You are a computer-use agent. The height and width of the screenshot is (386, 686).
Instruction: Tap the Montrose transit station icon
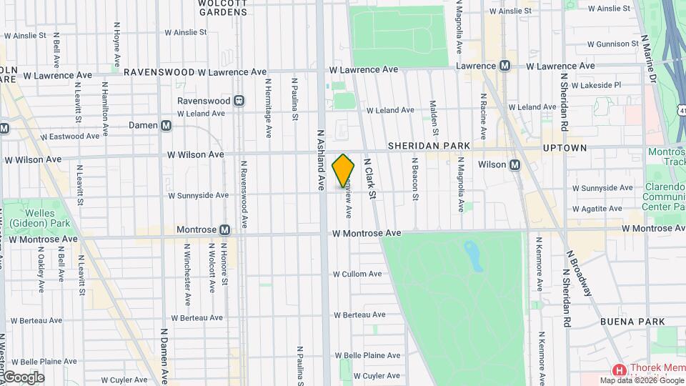click(x=224, y=230)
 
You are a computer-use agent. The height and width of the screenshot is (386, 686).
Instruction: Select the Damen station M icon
click(x=166, y=125)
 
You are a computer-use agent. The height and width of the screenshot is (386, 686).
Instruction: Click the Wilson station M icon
click(x=514, y=165)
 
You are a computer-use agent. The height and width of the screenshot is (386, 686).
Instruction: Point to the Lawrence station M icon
click(x=505, y=66)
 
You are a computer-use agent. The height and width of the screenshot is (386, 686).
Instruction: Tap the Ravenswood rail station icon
click(x=239, y=101)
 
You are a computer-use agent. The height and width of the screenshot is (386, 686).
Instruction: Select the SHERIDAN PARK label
click(x=429, y=146)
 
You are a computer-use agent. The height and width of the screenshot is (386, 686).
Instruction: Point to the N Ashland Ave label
click(x=321, y=159)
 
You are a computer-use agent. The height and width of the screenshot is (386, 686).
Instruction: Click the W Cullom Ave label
click(x=357, y=274)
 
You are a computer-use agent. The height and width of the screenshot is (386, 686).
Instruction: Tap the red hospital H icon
click(x=620, y=370)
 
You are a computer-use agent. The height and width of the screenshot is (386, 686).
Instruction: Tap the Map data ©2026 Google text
click(x=641, y=380)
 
